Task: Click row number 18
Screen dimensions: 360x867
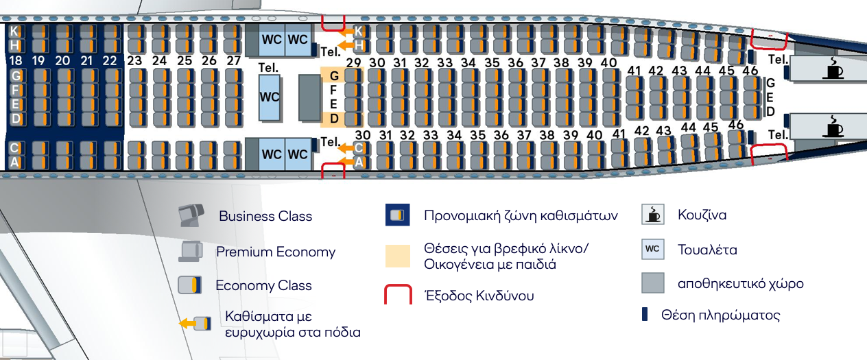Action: click(16, 60)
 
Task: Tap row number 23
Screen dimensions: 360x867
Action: click(135, 60)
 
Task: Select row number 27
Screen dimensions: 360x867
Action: click(233, 60)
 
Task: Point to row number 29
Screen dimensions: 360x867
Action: click(353, 63)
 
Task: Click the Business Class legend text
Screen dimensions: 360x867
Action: click(265, 216)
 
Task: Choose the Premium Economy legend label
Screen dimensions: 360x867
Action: click(276, 252)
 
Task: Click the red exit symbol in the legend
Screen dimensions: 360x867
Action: click(398, 294)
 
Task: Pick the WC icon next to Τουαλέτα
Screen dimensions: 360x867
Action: click(653, 249)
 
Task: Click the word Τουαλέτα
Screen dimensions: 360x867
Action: click(706, 250)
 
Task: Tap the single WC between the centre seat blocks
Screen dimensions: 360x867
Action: click(270, 97)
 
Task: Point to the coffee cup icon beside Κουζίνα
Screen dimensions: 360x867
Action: click(653, 214)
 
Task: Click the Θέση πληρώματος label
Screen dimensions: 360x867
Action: click(720, 315)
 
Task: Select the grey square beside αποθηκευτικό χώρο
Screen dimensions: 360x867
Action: click(653, 283)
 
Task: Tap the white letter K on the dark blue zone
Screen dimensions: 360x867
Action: click(14, 30)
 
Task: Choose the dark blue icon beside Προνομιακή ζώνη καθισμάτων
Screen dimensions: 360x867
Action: click(398, 215)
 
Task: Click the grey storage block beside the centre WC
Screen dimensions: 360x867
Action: click(309, 98)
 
